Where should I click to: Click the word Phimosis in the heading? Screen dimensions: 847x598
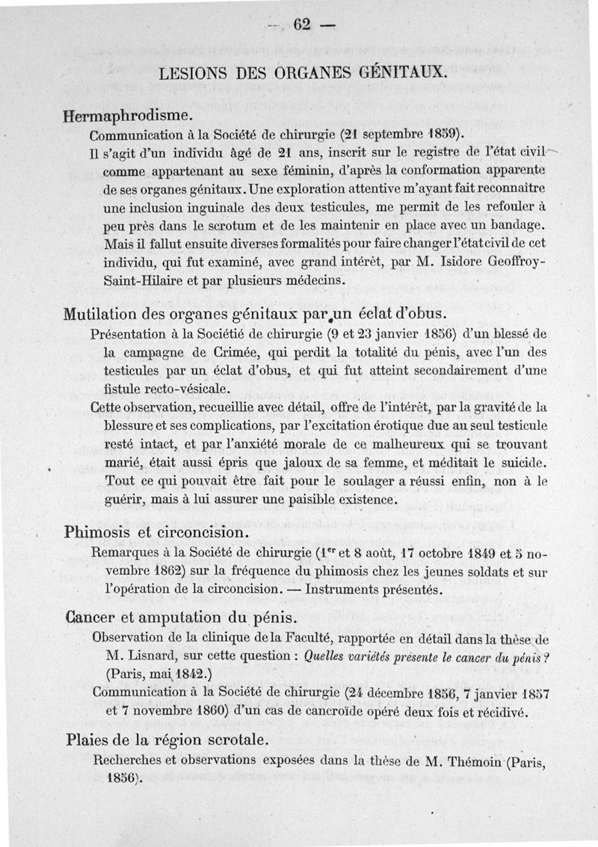(98, 533)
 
